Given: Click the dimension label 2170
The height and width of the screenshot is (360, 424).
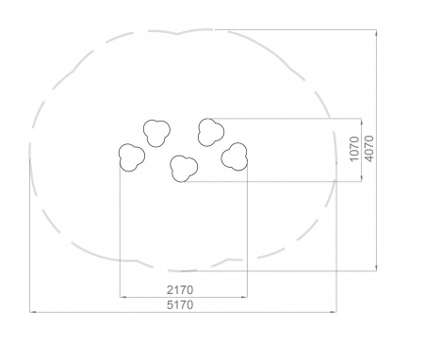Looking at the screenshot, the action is click(180, 290).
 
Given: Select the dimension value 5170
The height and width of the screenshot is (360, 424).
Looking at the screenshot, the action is click(180, 304).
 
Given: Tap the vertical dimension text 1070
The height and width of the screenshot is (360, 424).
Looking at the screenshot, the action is click(354, 149).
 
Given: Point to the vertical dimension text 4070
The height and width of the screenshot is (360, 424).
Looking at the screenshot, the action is click(369, 149).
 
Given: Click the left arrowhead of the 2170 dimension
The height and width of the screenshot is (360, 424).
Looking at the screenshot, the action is click(122, 297).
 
